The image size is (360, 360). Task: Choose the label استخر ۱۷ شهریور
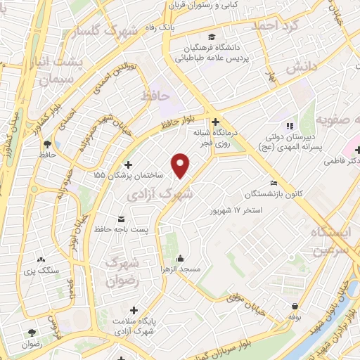[x=236, y=210]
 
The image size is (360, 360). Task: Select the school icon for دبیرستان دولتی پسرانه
[x=271, y=126]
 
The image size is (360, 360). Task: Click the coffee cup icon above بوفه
[x=294, y=306]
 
